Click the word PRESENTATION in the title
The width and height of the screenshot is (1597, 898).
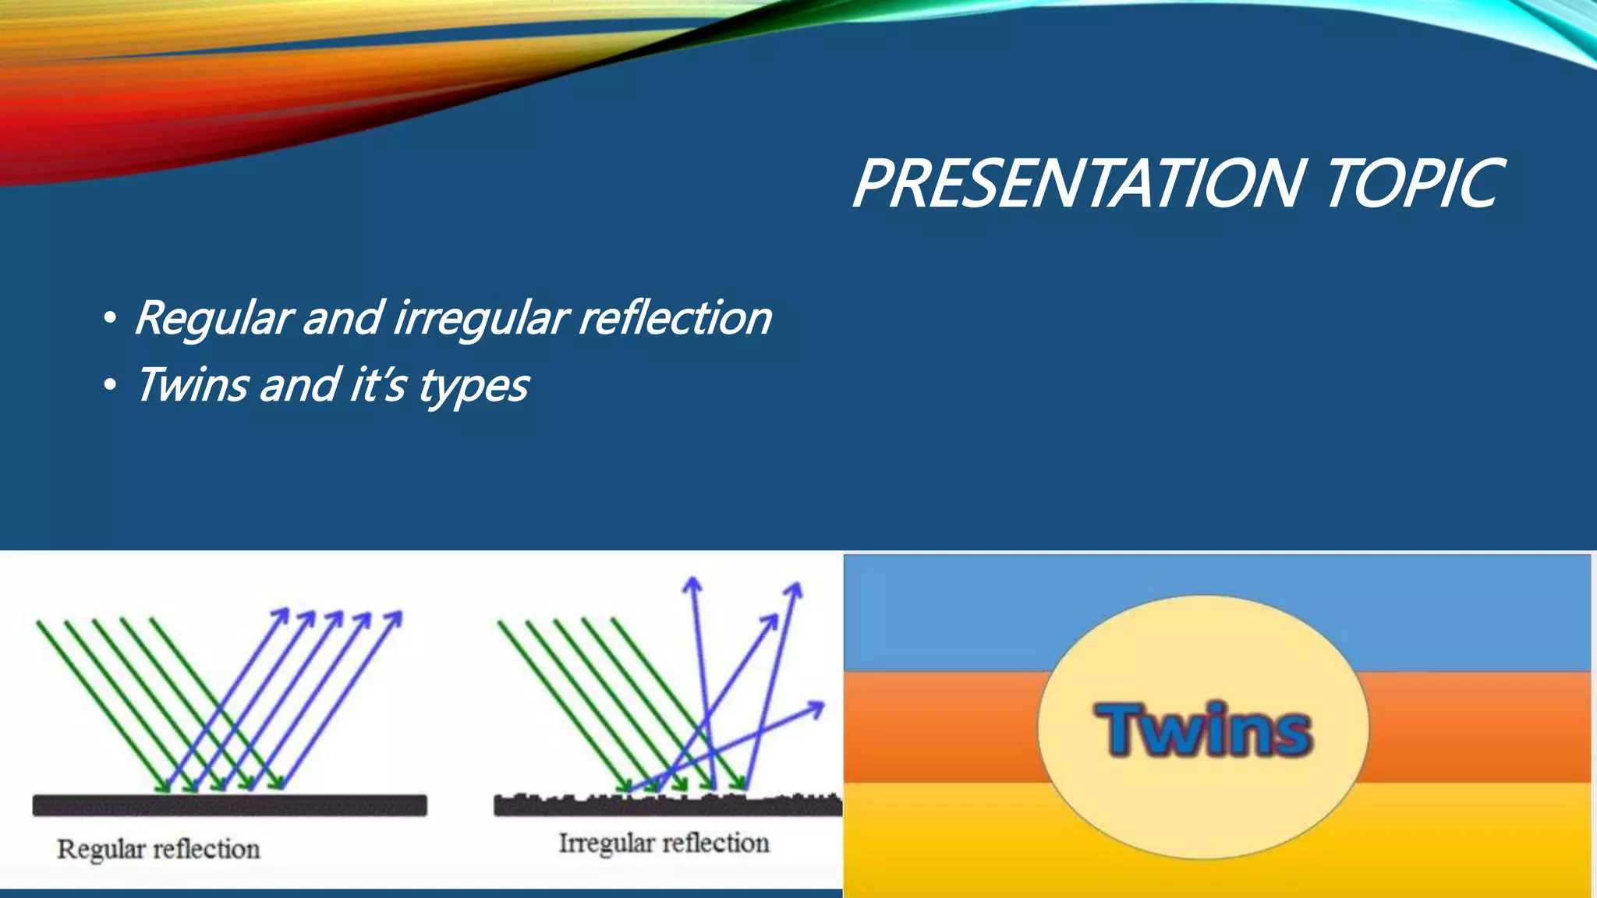(x=1080, y=184)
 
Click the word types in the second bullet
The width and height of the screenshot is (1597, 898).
(x=473, y=387)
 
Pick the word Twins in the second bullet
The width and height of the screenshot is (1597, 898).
(x=192, y=385)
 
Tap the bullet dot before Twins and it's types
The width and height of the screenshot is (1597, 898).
(x=110, y=385)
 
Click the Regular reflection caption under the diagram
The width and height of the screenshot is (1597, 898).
(x=158, y=850)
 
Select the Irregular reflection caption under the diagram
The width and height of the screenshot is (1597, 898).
(x=664, y=843)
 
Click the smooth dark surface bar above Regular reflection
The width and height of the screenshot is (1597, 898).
(x=230, y=805)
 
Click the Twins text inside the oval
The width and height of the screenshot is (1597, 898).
(x=1204, y=730)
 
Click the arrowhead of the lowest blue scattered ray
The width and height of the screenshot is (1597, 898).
(x=816, y=708)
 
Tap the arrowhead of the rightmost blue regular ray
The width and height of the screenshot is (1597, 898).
(x=395, y=617)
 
